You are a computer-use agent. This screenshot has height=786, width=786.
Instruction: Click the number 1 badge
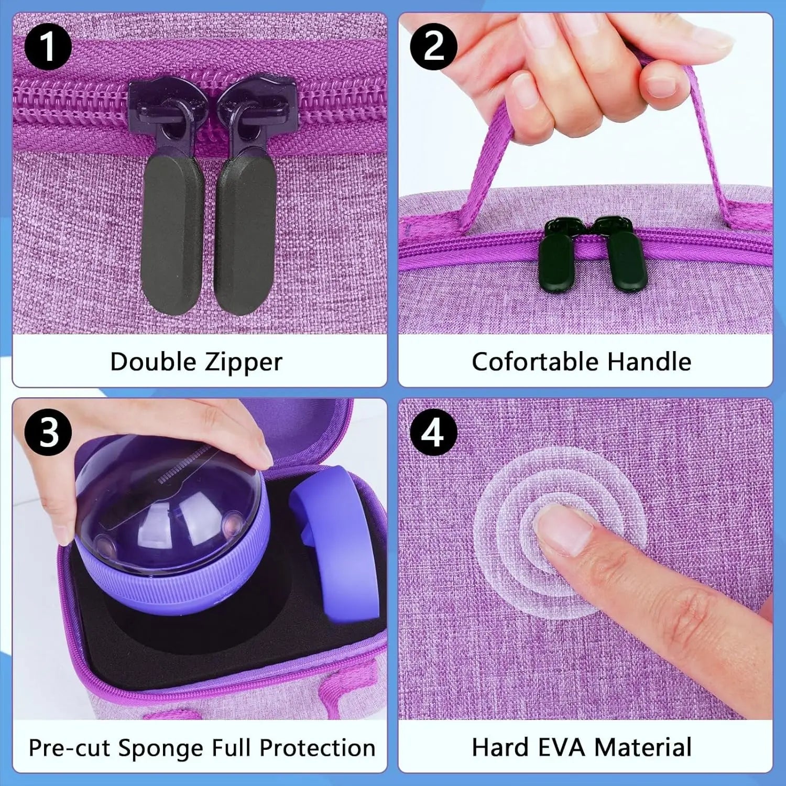point(48,47)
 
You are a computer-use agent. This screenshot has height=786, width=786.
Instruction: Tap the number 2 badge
point(433,47)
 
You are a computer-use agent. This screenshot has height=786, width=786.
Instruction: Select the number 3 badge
point(48,432)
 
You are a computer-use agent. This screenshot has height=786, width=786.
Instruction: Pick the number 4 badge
point(433,432)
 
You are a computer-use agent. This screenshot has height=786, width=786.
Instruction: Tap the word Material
point(643,747)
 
